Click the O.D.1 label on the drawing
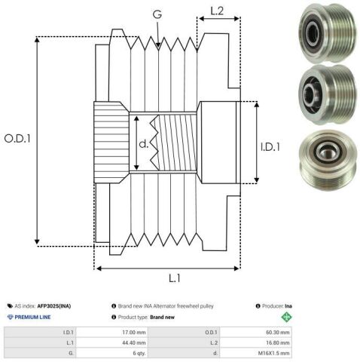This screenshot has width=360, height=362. pos(17,139)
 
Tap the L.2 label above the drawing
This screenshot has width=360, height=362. pos(217,11)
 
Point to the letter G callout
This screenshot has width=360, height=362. pos(157,14)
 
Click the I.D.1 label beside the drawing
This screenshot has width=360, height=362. pos(270,147)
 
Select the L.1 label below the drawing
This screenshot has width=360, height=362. pos(175,278)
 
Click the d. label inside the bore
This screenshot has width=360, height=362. pos(144,143)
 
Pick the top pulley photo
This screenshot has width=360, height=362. pos(328,32)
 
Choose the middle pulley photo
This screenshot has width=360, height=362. pos(328,94)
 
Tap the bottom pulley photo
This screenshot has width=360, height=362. pos(328,160)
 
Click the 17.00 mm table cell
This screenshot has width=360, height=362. pos(134,333)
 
